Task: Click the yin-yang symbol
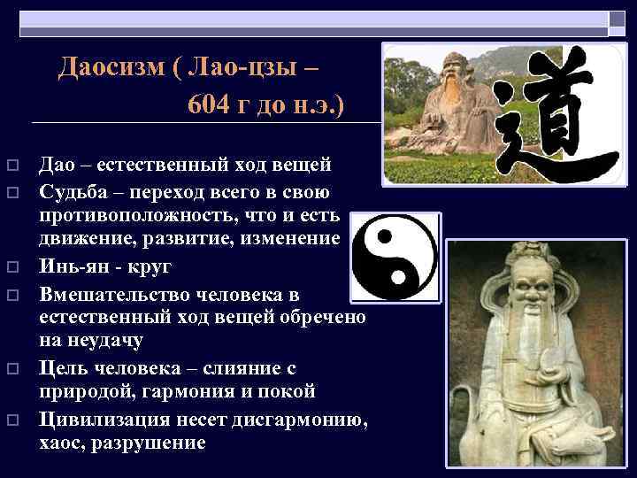pos(395,259)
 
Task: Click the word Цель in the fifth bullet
pos(61,367)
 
